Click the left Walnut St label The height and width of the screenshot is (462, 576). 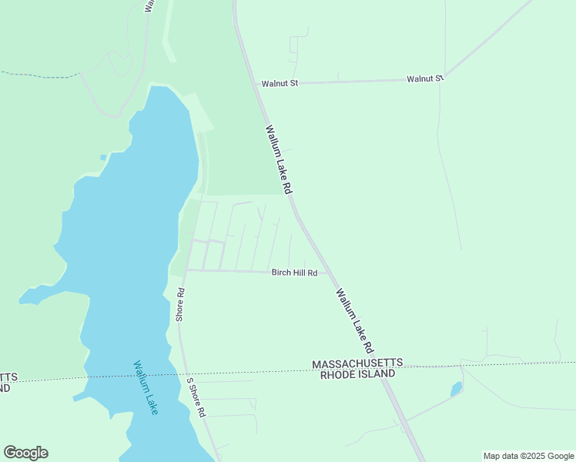click(x=280, y=83)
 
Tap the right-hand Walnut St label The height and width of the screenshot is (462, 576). click(x=426, y=79)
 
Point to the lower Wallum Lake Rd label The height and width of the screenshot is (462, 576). click(x=355, y=320)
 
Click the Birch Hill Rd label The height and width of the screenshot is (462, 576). click(x=294, y=273)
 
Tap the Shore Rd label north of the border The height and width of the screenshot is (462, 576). click(x=180, y=304)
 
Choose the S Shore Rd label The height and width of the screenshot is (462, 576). click(x=196, y=397)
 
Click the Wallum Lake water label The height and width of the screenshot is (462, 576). click(x=146, y=388)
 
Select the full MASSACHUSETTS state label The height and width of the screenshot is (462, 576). click(x=357, y=363)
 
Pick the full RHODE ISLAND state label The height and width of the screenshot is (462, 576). click(x=357, y=373)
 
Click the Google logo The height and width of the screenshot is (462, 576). click(x=25, y=453)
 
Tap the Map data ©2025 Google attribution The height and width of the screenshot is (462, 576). click(x=528, y=456)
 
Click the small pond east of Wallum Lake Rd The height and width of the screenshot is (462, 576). click(x=456, y=389)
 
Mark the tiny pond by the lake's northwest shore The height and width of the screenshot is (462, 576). click(x=102, y=158)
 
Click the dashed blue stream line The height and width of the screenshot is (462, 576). click(x=39, y=75)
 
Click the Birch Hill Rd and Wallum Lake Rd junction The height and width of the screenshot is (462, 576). click(x=330, y=273)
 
